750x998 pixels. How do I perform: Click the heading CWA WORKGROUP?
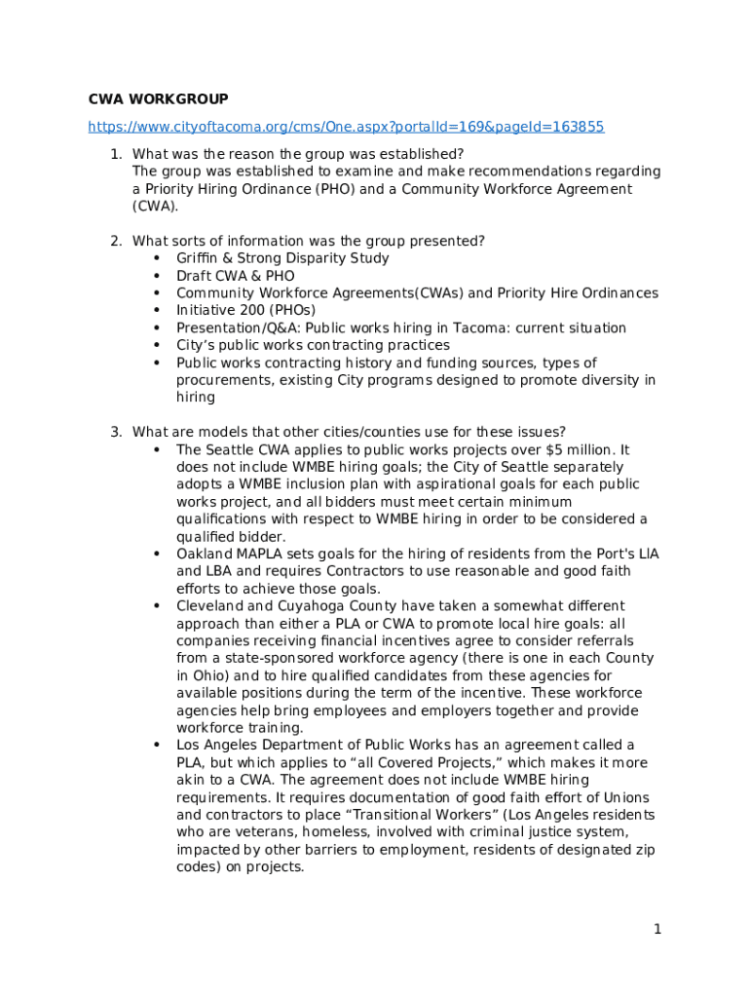(x=159, y=99)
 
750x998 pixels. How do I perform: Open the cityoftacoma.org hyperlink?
(x=346, y=127)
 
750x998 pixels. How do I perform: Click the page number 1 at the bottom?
(x=657, y=929)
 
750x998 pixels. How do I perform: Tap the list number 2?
(x=115, y=241)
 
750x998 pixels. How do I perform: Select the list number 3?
(x=115, y=432)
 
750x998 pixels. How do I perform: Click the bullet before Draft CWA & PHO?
(x=156, y=276)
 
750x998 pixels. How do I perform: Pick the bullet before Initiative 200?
(x=156, y=311)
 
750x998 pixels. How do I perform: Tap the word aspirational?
(x=474, y=484)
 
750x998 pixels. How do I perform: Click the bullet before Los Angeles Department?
(x=156, y=746)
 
